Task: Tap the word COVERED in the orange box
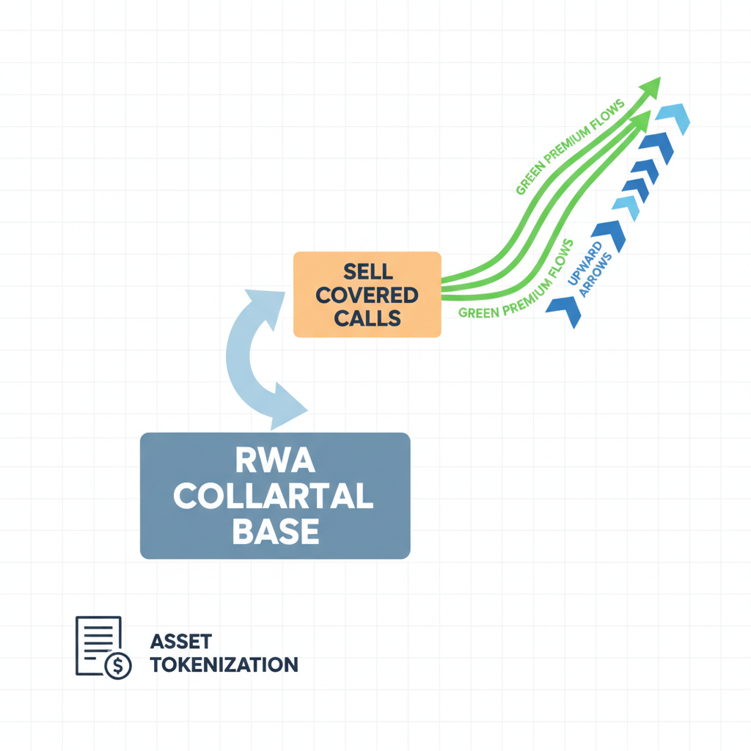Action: [x=367, y=296]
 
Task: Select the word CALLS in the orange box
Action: [x=367, y=318]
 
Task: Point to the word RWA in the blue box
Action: [x=274, y=462]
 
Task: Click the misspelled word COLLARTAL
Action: [x=274, y=497]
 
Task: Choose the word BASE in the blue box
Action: [x=274, y=531]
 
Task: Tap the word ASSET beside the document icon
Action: [x=180, y=642]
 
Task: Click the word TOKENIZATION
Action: [x=224, y=664]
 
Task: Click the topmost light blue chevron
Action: [x=673, y=120]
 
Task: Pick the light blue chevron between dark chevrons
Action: [x=625, y=208]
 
